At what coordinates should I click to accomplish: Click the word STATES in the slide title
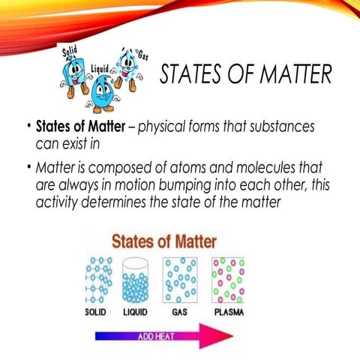click(x=190, y=76)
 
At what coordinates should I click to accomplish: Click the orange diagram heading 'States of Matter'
click(x=164, y=242)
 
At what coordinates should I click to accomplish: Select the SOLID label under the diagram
click(x=95, y=310)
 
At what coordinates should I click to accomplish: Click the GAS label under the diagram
click(x=180, y=310)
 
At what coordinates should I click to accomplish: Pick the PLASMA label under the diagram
click(x=229, y=310)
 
